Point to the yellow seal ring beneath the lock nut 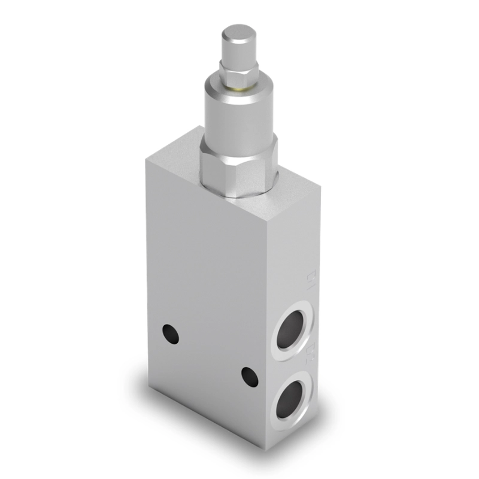239,87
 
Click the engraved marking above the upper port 310,277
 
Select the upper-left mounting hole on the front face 171,333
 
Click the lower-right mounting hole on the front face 250,377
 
